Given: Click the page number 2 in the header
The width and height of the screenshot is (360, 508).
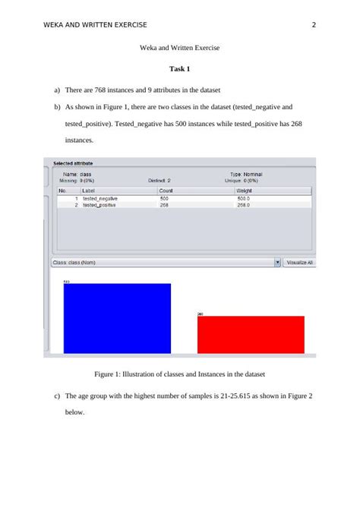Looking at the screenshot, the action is click(314, 25).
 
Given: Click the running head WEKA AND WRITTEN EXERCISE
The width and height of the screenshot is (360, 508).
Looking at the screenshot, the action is click(95, 25).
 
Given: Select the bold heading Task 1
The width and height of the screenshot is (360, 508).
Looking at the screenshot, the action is click(179, 69).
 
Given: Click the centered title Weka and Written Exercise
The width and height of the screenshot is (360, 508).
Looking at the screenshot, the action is click(179, 47).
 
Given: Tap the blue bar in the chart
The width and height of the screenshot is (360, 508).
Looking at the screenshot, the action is click(117, 318).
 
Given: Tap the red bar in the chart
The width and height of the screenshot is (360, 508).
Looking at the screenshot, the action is click(251, 334).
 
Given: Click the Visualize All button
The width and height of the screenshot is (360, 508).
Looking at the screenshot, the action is click(300, 263).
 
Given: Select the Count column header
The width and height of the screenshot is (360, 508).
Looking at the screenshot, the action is click(166, 191).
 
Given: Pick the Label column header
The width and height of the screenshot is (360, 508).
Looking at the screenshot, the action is click(89, 191).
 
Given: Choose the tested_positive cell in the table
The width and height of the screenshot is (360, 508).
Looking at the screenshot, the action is click(99, 205).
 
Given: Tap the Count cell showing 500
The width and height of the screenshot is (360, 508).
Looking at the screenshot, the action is click(165, 198).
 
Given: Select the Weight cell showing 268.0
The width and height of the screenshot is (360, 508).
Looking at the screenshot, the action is click(244, 205).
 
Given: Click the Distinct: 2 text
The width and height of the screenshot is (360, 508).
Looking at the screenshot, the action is click(159, 180).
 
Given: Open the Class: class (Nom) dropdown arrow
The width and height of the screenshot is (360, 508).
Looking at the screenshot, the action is click(277, 263).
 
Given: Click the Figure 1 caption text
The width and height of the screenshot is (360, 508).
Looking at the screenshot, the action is click(179, 374).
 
